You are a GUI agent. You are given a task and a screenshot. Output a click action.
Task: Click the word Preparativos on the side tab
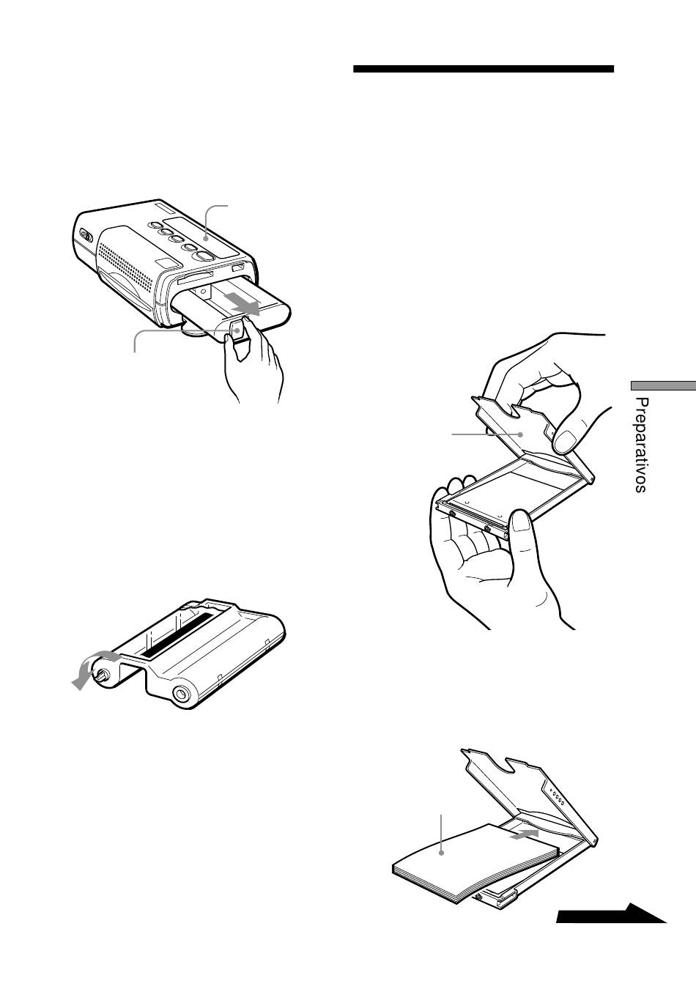(x=641, y=445)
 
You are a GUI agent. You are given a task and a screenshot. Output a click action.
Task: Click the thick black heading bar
(x=484, y=69)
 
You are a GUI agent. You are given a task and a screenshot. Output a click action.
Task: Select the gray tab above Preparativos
(x=663, y=385)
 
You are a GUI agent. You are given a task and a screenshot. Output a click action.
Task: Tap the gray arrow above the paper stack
(x=524, y=833)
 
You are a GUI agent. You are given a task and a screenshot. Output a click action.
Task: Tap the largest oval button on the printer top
(x=204, y=256)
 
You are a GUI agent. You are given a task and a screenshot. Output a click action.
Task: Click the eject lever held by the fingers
(x=237, y=330)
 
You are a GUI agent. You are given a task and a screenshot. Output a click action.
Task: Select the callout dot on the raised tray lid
(x=522, y=434)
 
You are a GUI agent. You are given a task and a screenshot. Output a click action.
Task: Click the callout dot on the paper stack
(x=441, y=853)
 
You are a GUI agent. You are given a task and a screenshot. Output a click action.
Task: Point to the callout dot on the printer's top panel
(x=207, y=238)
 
